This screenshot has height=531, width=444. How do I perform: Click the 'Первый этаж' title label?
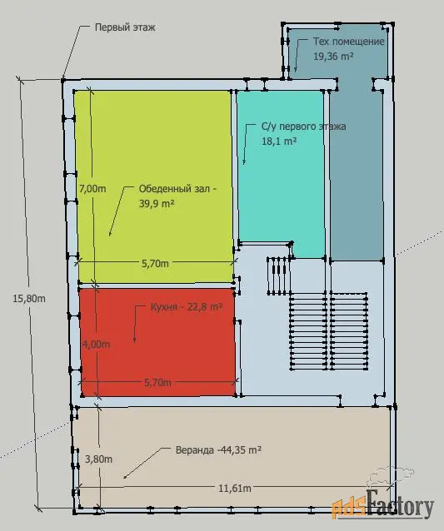125,27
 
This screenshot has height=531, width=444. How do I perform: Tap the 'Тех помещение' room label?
349,42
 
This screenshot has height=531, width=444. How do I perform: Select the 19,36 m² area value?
333,57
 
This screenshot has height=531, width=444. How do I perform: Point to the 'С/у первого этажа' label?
304,127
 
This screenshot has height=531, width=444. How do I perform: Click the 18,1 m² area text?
279,141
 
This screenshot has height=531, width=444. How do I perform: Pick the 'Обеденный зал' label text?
174,189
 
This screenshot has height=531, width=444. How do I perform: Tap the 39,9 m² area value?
157,204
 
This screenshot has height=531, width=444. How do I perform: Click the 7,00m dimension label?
92,189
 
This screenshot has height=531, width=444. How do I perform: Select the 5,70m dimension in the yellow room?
155,264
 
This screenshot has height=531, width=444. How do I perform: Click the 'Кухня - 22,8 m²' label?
187,307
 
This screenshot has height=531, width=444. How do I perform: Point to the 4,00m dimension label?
97,344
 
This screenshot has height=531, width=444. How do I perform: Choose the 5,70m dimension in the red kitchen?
158,383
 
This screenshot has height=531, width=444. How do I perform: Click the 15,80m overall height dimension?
29,299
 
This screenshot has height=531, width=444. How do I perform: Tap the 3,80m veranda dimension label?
98,459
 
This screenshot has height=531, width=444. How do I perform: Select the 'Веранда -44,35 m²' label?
218,450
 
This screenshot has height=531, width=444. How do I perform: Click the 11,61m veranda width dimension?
235,489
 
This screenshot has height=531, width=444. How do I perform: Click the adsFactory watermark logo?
382,506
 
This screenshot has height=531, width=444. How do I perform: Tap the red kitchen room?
158,342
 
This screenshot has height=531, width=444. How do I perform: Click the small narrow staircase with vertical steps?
279,275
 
